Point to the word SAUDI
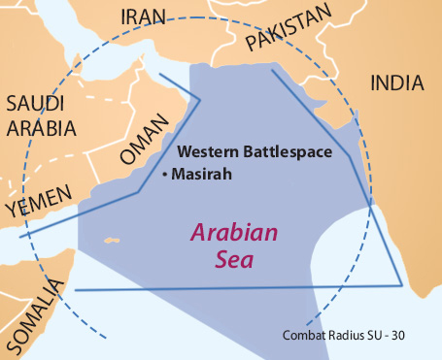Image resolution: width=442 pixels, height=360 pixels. tap(35, 104)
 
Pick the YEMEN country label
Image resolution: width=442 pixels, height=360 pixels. tap(38, 205)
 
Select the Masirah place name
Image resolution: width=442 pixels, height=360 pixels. tap(202, 175)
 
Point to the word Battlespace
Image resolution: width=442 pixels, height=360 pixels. tap(291, 152)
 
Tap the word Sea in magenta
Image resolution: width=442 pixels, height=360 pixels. tap(233, 257)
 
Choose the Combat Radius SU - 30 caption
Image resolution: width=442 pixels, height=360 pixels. tap(353, 336)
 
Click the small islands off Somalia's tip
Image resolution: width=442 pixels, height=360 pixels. tap(112, 241)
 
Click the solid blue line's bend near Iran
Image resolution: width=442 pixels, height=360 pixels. tap(200, 98)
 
